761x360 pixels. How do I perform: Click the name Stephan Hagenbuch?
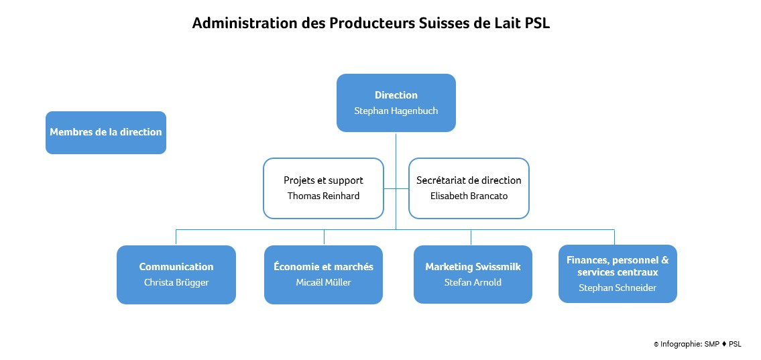pos(396,111)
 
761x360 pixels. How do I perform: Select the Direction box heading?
pos(396,95)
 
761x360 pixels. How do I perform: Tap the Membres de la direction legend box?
pos(106,132)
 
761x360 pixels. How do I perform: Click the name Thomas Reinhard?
pos(323,196)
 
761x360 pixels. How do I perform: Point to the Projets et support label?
pos(323,180)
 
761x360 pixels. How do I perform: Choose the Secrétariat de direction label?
pos(469,180)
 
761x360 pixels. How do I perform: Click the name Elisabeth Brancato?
pos(469,196)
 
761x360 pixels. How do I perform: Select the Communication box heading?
pos(176,267)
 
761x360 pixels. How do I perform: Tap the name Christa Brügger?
pos(176,282)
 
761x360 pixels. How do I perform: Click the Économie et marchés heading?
pos(323,267)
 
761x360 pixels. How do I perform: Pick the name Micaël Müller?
pos(323,282)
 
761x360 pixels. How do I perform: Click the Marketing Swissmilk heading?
pos(473,267)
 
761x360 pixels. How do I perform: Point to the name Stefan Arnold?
pos(473,282)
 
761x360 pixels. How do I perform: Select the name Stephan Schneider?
pos(618,288)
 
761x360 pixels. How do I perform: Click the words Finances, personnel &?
pos(618,260)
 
